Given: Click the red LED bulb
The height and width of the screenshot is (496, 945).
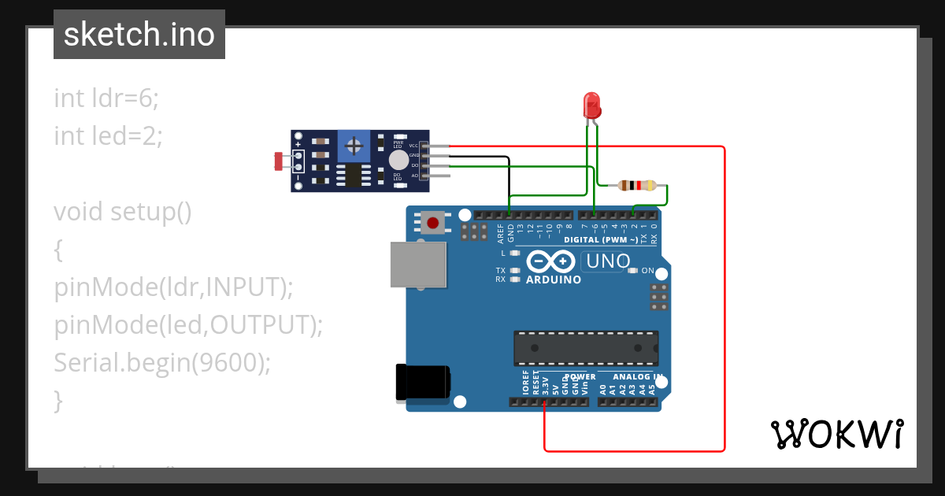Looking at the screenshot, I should [591, 105].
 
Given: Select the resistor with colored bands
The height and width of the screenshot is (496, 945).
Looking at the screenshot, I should [636, 186].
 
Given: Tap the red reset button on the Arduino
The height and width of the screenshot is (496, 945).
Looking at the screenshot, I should [432, 222].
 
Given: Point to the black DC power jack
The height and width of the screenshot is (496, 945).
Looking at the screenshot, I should [423, 383].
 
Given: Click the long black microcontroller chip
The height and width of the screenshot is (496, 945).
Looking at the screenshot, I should [586, 347].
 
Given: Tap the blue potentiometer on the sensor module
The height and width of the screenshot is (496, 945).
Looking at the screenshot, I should [354, 146].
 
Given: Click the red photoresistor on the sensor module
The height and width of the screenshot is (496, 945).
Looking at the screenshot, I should [279, 161].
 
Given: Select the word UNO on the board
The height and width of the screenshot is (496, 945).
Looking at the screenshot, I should [606, 261].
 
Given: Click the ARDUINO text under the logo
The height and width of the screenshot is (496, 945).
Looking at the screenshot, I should [554, 279].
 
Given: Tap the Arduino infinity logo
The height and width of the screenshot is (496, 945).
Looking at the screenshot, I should [551, 261].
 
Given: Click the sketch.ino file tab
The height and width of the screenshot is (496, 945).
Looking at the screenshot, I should [139, 35].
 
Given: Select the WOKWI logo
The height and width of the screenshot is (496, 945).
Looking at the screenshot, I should [836, 434].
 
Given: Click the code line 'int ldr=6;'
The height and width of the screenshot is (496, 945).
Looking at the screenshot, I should [106, 98].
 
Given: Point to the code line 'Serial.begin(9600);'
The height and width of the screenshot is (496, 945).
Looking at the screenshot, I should [162, 363].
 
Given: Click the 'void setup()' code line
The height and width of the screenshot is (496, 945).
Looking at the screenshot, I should [123, 212].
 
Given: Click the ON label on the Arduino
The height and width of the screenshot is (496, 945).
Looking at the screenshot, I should [647, 271].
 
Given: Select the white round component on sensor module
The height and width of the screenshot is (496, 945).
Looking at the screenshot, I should [398, 160].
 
